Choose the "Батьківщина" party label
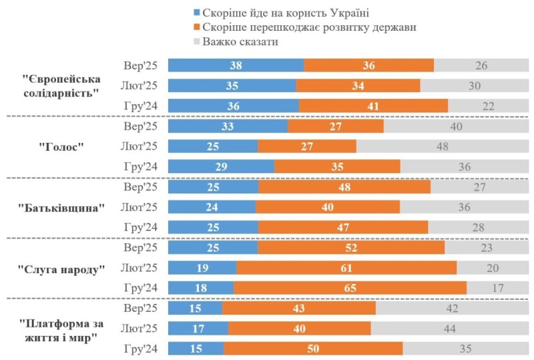click(x=62, y=207)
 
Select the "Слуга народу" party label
click(x=62, y=268)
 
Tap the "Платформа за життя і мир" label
click(x=62, y=329)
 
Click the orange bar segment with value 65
click(x=350, y=288)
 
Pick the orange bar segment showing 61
click(x=346, y=268)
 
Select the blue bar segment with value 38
click(x=236, y=65)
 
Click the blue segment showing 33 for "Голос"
click(x=228, y=126)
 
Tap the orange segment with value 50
click(x=313, y=349)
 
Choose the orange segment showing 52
click(x=351, y=248)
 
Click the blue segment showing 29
click(x=221, y=166)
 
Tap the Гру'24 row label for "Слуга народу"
click(x=141, y=288)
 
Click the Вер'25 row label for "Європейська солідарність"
click(x=141, y=65)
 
